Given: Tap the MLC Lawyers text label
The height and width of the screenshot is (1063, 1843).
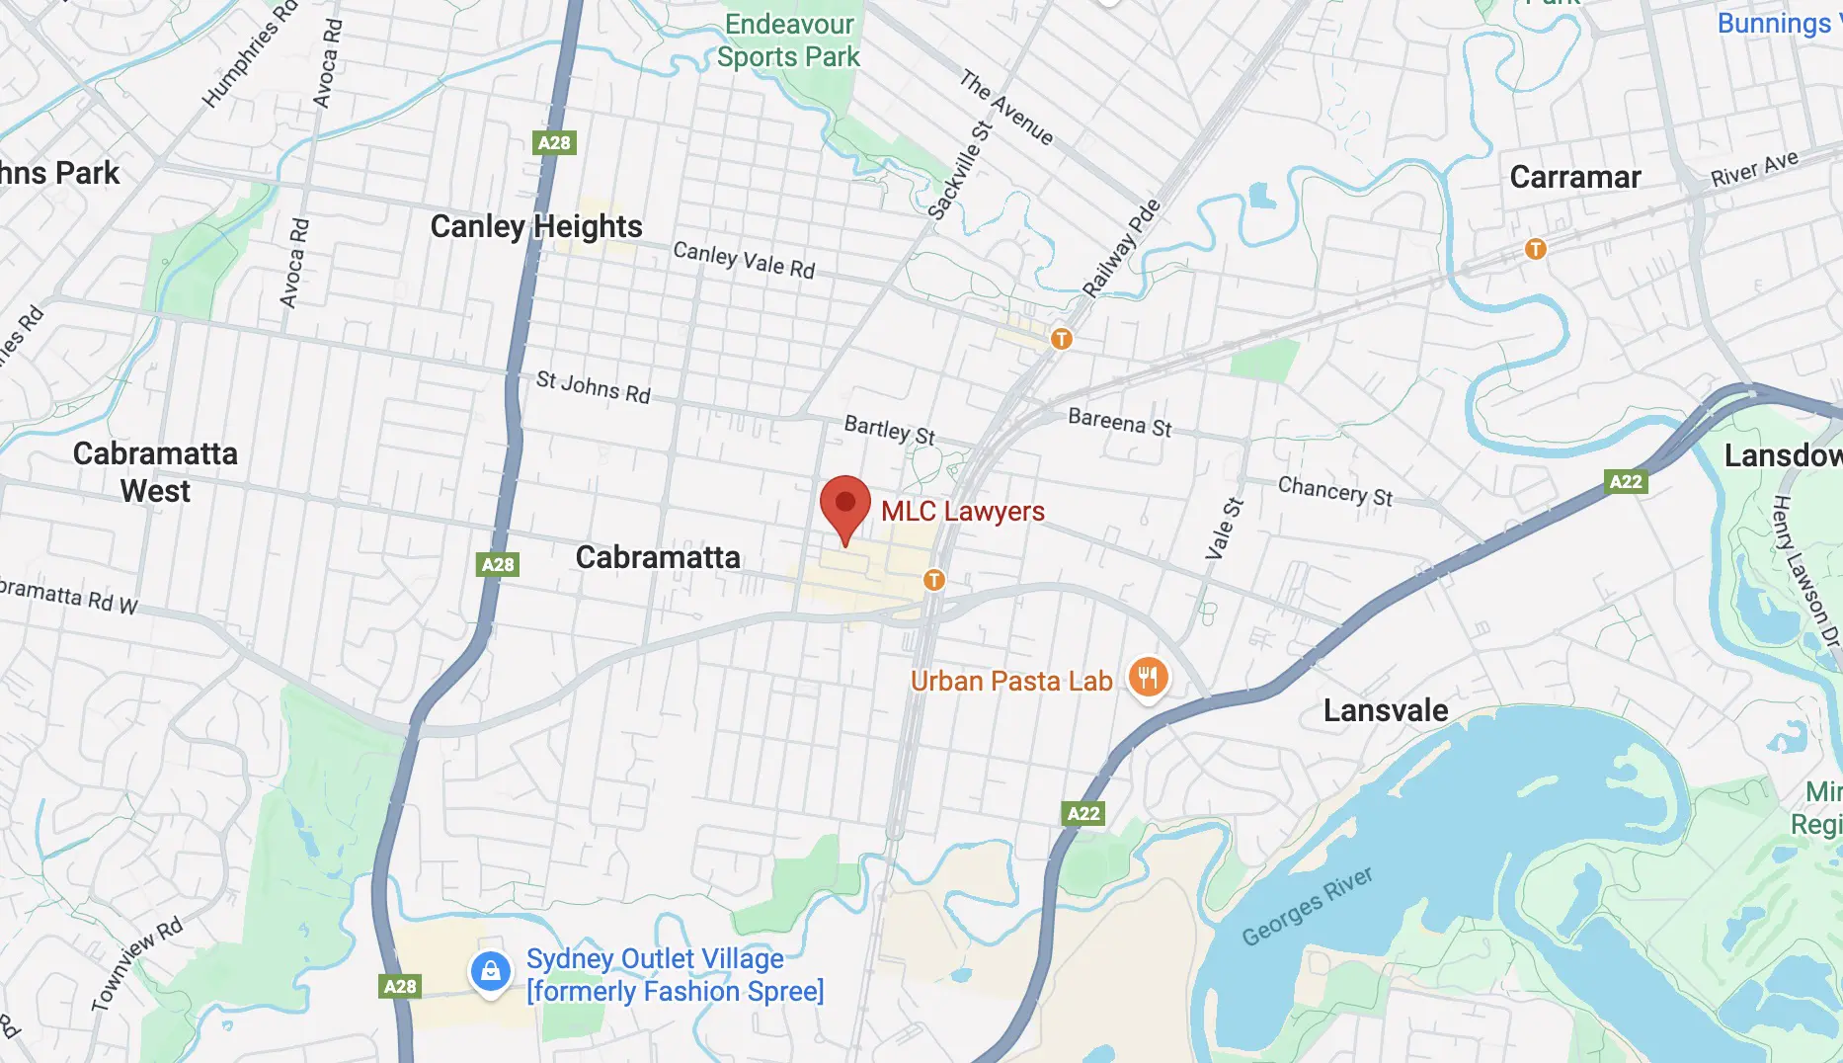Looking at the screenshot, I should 962,511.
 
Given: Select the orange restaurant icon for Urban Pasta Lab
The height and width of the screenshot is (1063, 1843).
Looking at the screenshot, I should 1148,678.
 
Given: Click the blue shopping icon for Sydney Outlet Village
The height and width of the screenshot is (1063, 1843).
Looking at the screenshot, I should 490,972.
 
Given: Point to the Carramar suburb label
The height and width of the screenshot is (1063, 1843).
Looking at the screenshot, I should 1574,177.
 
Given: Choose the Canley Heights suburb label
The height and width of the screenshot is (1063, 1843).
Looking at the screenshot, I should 536,226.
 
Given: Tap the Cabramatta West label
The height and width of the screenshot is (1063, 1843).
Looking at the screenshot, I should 155,472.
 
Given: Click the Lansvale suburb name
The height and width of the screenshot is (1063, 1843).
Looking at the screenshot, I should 1385,710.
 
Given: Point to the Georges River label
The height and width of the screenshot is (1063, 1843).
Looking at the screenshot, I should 1307,906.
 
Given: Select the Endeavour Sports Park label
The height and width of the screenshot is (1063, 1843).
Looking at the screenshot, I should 788,41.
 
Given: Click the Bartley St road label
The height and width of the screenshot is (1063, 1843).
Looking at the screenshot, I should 889,430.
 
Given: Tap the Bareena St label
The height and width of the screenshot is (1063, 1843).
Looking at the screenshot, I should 1119,422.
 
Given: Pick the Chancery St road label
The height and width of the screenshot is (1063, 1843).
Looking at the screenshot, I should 1334,491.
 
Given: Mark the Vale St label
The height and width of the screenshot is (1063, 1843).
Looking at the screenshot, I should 1224,529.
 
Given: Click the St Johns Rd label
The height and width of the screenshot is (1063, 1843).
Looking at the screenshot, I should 593,386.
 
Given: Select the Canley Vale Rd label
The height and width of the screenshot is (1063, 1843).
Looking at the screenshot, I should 743,260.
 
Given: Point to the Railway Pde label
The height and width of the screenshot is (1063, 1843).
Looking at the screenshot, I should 1121,248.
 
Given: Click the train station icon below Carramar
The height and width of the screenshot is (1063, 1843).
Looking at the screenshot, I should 1535,249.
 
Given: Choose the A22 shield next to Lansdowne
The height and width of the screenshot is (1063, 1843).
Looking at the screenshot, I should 1625,481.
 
